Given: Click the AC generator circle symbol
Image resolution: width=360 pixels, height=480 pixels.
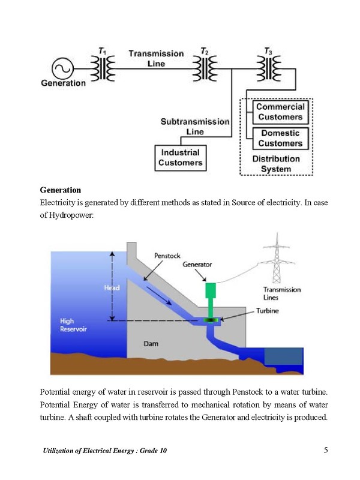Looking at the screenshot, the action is point(63,68).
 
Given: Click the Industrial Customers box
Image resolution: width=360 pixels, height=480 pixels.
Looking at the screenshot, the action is point(181,158).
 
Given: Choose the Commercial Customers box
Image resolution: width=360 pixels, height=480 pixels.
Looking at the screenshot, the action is point(280,112).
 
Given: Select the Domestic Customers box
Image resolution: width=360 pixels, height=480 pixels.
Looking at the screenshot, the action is point(280,139).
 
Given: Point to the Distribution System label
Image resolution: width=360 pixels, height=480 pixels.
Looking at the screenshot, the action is point(276,164).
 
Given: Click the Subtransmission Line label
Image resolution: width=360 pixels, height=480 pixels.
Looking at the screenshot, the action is point(195,127).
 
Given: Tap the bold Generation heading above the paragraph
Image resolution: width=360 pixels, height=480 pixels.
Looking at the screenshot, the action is point(61,190).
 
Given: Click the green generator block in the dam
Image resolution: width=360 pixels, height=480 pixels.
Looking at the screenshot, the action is point(211,290).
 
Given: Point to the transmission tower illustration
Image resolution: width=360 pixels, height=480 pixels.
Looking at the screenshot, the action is point(277,258).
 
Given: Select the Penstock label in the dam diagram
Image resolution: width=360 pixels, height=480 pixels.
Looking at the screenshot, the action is point(167,256).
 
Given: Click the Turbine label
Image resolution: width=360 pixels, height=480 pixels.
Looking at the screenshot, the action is point(268,311).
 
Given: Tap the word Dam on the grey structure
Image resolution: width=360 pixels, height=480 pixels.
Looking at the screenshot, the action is point(151,344).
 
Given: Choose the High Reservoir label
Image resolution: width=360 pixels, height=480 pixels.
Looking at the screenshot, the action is point(73,325).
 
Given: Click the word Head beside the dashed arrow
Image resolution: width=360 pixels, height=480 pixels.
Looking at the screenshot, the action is point(112,288).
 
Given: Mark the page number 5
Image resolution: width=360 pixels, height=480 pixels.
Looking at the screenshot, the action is point(326,450).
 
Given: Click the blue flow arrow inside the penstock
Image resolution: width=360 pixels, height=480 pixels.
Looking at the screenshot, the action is point(159,296).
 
